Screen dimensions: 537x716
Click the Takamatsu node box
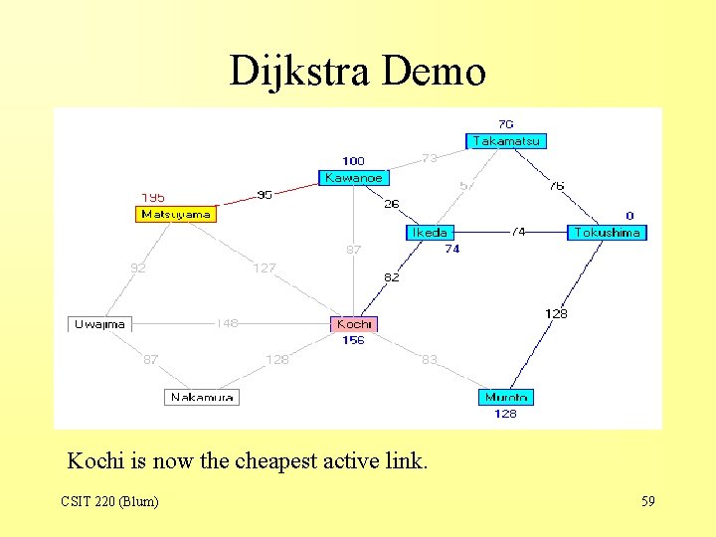506,141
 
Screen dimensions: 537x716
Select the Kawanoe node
353,177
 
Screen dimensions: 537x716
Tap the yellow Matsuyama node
175,214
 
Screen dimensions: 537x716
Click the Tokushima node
607,233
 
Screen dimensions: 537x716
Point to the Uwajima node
99,324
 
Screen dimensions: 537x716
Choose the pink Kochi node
354,324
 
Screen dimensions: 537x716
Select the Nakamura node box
202,397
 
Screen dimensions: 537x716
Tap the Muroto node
505,398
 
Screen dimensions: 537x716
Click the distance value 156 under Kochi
353,340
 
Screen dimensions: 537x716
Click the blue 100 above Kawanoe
353,161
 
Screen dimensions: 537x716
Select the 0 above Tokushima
629,216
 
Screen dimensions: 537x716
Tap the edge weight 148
228,323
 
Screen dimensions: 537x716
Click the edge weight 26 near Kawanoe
392,205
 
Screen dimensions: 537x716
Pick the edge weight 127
264,268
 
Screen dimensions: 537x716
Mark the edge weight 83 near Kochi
429,359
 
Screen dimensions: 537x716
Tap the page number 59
647,501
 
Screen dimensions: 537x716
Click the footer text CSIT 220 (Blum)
109,501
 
